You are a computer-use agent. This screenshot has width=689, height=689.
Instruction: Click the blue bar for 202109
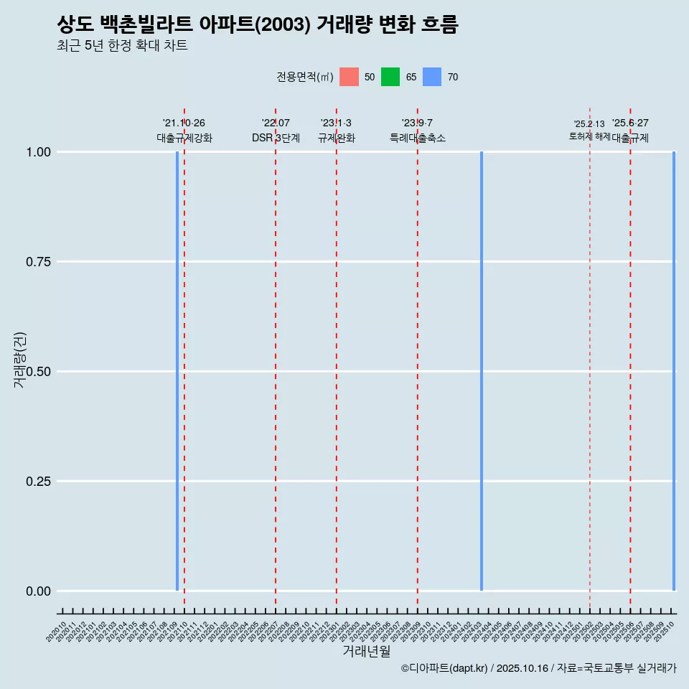coord(177,371)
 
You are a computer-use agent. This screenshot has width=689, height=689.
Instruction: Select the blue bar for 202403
coord(482,371)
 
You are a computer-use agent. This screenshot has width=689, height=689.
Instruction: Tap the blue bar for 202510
coord(674,371)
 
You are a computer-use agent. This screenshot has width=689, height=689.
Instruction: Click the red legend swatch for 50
coord(349,77)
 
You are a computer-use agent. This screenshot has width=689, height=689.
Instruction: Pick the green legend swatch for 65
coord(390,77)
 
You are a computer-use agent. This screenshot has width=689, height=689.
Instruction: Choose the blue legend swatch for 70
coord(432,77)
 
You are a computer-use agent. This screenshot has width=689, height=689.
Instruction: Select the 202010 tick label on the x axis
coord(57,632)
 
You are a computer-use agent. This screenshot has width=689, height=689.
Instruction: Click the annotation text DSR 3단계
coord(276,138)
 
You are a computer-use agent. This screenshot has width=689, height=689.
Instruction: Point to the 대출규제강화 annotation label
coord(184,138)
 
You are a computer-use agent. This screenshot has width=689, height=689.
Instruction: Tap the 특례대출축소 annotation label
coord(418,138)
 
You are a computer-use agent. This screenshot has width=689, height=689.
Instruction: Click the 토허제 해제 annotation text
coord(589,136)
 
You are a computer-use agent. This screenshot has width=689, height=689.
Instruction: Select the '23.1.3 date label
coord(336,123)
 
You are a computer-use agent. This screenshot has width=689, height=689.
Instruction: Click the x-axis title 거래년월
coord(366,651)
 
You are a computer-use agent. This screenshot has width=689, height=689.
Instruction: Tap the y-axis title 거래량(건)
coord(19,360)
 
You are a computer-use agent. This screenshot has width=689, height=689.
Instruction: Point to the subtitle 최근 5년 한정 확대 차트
coord(122,46)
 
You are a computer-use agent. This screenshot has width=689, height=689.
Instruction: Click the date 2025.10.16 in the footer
coord(522,668)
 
